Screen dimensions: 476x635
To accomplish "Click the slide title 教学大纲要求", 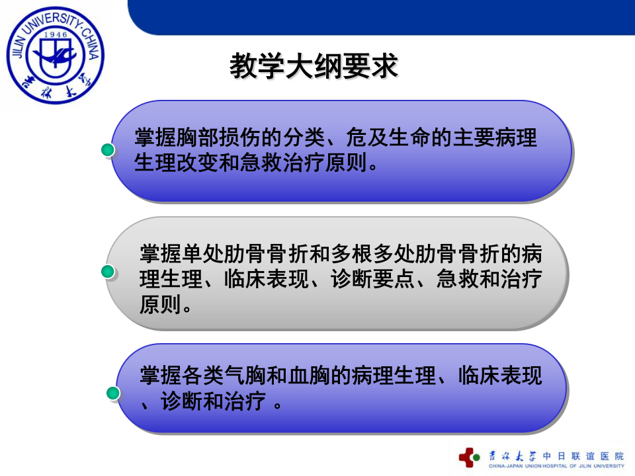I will (x=314, y=67).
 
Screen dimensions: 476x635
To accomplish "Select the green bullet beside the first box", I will (x=108, y=151).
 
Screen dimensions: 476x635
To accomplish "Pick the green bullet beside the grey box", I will (x=108, y=272).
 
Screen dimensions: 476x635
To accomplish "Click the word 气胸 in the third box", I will (x=245, y=376).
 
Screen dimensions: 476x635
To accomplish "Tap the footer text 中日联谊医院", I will (x=582, y=456).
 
